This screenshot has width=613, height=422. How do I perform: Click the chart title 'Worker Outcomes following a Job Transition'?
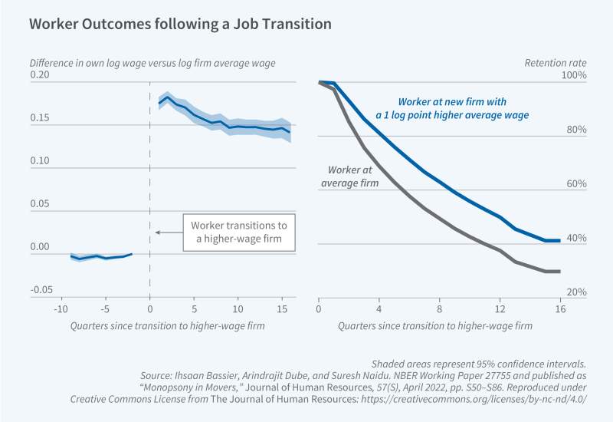point(180,24)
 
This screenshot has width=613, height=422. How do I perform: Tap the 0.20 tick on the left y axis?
point(39,75)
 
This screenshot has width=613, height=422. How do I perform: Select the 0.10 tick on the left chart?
point(39,161)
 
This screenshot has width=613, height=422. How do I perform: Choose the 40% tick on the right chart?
point(575,239)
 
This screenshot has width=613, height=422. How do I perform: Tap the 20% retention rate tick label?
point(575,293)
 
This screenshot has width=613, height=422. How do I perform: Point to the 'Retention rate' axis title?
point(555,61)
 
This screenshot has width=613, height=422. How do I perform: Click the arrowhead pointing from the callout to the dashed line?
point(156,232)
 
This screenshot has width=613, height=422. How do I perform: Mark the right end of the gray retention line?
point(560,271)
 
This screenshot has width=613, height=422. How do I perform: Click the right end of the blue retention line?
point(560,240)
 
